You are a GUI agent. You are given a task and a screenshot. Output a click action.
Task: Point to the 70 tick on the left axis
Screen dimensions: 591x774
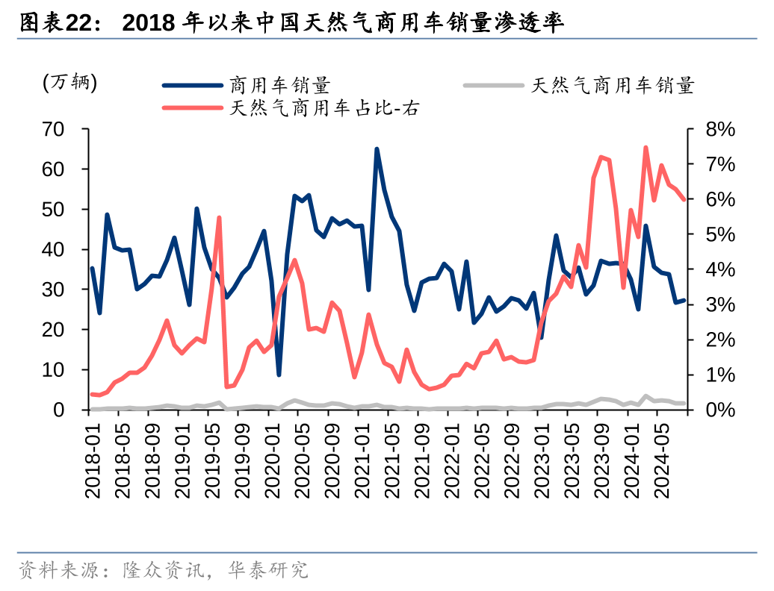(64, 130)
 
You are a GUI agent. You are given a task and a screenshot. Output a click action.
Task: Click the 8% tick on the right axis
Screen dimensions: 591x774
(720, 130)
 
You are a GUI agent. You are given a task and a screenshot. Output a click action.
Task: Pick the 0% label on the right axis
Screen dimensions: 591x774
(720, 410)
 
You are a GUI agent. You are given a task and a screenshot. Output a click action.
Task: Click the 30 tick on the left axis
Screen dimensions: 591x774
(64, 290)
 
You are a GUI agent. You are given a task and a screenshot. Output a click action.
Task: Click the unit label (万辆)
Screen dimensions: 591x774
(69, 82)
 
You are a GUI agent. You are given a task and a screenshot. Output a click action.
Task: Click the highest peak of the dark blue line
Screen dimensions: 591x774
(377, 149)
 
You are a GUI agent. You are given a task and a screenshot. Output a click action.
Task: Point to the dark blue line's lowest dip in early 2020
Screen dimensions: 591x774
(279, 375)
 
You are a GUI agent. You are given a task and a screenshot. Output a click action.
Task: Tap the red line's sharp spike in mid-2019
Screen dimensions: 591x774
(219, 218)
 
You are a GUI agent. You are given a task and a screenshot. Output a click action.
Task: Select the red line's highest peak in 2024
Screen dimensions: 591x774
(645, 148)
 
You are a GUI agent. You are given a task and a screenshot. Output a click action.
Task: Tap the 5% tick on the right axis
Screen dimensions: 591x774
(720, 234)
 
